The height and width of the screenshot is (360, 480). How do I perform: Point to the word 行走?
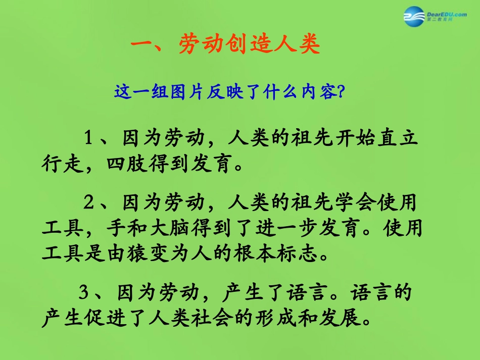[x=62, y=165]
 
